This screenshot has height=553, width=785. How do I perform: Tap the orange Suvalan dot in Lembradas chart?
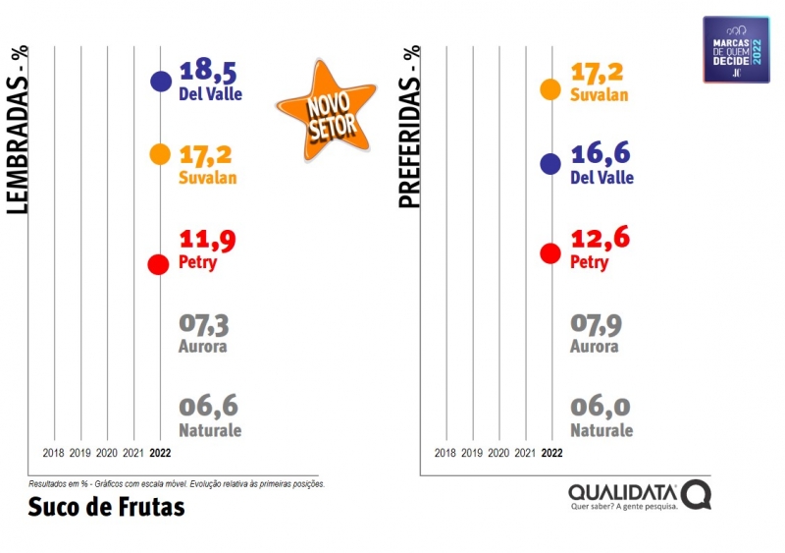[160, 154]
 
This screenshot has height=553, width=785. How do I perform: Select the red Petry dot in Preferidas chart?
[550, 253]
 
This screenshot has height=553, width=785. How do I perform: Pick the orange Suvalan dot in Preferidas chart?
[550, 89]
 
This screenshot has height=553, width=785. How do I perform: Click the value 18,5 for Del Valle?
[208, 71]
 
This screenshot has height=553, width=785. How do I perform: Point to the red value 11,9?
[208, 240]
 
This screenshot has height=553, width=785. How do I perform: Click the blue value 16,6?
[600, 154]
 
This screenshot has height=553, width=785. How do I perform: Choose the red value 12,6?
[600, 239]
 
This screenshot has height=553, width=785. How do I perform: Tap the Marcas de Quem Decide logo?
[736, 49]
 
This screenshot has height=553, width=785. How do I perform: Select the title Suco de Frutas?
[106, 507]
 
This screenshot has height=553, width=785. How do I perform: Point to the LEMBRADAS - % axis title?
[17, 127]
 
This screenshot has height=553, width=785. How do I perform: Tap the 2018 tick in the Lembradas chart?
[54, 454]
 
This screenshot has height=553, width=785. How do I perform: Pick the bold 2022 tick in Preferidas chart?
[551, 454]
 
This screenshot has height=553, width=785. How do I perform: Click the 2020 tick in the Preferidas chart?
[498, 454]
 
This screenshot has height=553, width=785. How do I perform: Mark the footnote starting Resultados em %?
[177, 484]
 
